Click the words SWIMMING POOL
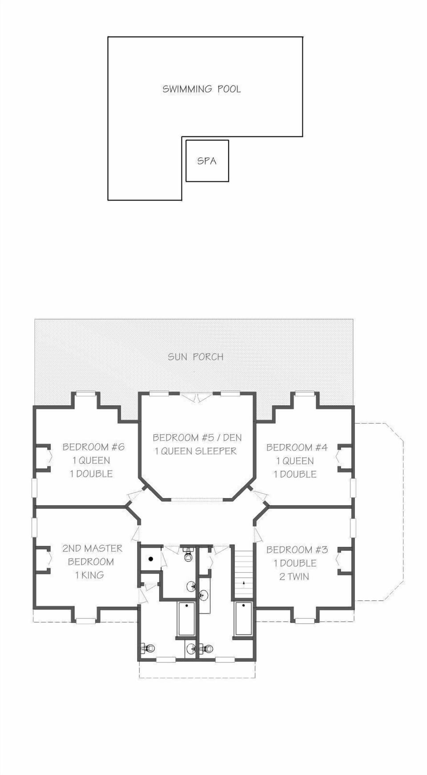tap(201, 89)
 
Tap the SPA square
tap(207, 161)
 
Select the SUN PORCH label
tap(195, 357)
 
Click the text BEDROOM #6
tap(93, 447)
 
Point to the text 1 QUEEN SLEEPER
tap(196, 451)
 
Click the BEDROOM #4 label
tap(297, 447)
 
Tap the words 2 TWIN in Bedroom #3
tap(294, 576)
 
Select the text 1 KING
tap(89, 575)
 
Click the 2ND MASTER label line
tap(92, 548)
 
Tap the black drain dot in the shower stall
tap(151, 559)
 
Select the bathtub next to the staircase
tap(243, 619)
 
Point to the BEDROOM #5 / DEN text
tap(197, 438)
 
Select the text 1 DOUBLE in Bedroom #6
tap(91, 474)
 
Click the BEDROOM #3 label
tap(297, 550)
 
